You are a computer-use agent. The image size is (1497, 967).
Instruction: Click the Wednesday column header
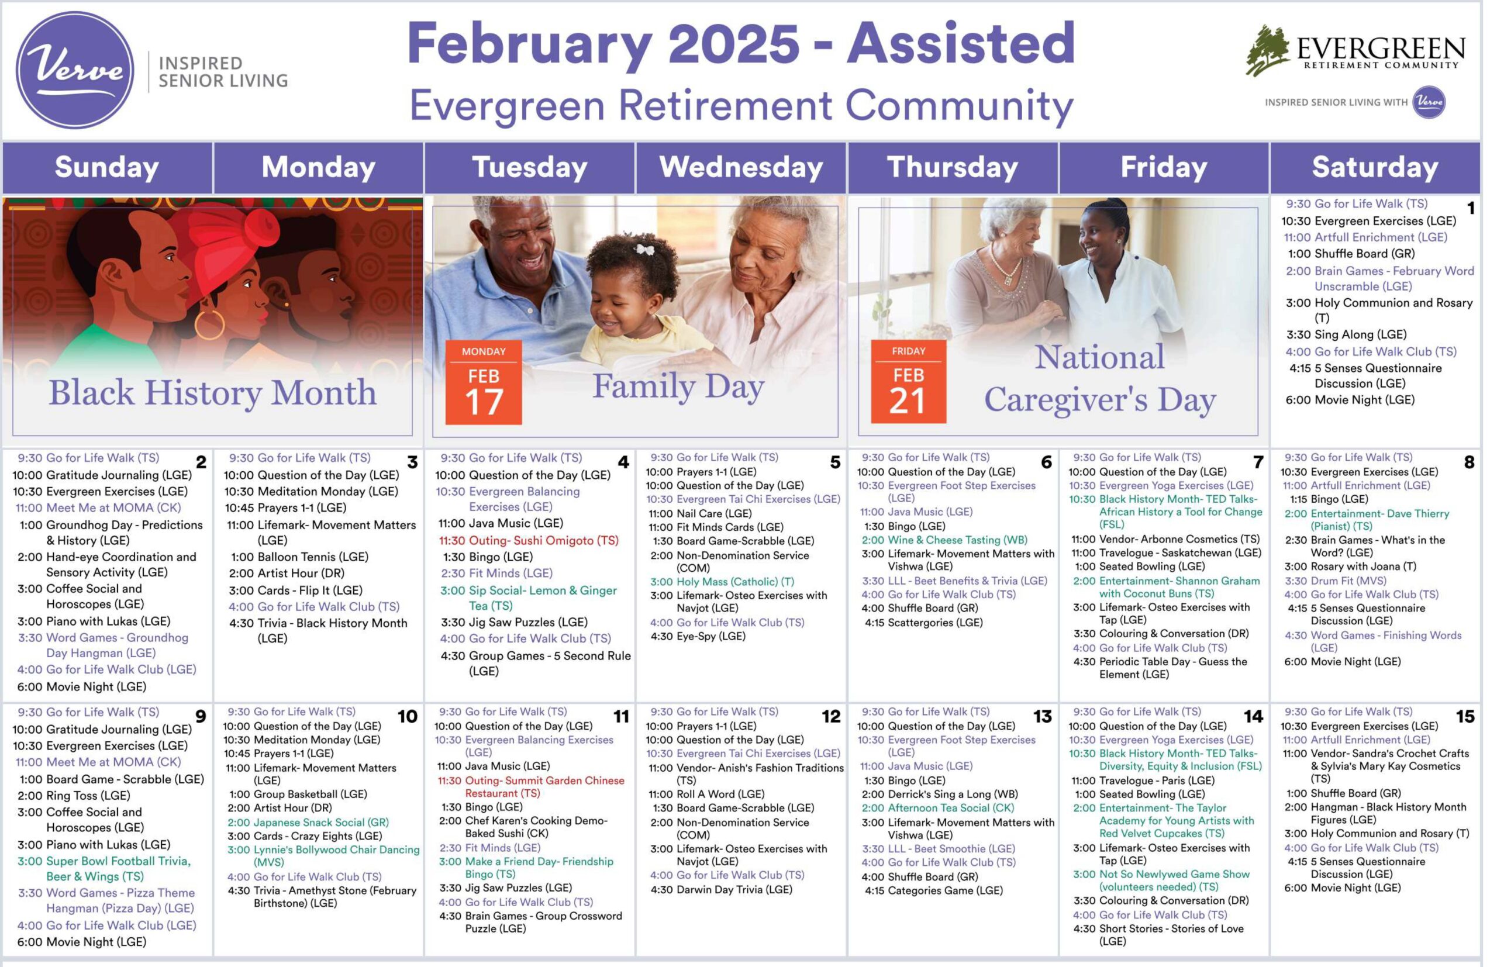tap(741, 167)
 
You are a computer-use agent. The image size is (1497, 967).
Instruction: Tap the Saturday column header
tap(1375, 167)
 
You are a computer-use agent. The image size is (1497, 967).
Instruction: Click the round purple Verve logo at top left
tap(75, 70)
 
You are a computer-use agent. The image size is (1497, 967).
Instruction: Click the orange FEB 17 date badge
tap(484, 382)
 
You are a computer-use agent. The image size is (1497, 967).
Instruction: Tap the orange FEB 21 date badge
tap(908, 381)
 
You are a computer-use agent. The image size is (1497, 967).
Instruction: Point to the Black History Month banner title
tap(213, 393)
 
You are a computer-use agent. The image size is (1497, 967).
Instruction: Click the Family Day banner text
tap(678, 385)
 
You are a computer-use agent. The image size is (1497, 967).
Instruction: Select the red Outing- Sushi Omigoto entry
tap(529, 541)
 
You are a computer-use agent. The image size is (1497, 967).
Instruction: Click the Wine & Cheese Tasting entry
tap(944, 540)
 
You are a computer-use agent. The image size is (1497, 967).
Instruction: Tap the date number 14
tap(1253, 716)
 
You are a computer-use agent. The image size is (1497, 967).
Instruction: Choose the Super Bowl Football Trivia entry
tap(104, 868)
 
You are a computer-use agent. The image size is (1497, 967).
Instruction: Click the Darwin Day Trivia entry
tap(722, 890)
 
